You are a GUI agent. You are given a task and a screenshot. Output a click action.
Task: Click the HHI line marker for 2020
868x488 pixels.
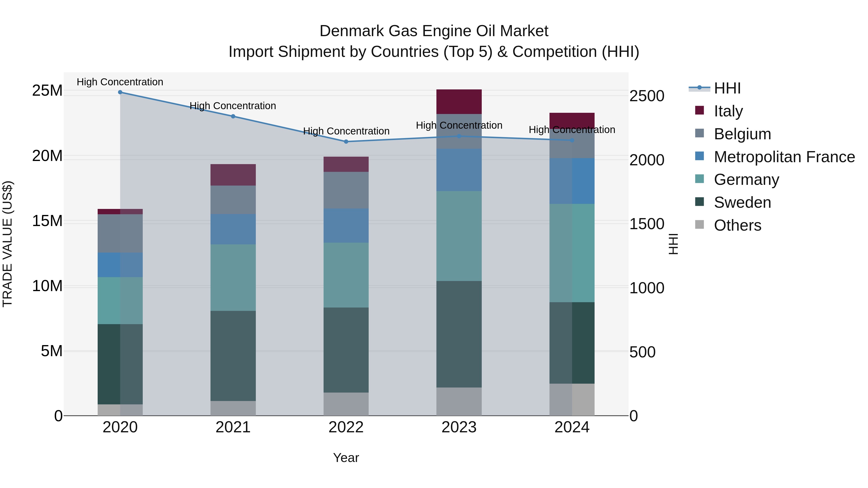pyautogui.click(x=120, y=92)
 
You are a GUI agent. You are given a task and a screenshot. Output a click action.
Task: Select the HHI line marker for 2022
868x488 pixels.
pyautogui.click(x=346, y=142)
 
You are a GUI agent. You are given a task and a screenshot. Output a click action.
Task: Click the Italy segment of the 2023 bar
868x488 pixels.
pyautogui.click(x=459, y=102)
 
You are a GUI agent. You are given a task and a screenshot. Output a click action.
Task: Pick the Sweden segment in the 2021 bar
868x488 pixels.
pyautogui.click(x=233, y=356)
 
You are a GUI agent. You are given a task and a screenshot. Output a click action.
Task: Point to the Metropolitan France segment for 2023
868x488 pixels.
pyautogui.click(x=459, y=170)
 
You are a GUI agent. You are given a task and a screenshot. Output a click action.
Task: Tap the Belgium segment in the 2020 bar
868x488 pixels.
pyautogui.click(x=120, y=233)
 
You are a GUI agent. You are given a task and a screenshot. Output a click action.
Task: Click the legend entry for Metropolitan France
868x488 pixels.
pyautogui.click(x=784, y=157)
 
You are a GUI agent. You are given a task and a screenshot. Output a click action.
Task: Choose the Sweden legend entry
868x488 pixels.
pyautogui.click(x=742, y=202)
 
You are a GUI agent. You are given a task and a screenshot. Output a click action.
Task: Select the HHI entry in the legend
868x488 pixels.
pyautogui.click(x=727, y=88)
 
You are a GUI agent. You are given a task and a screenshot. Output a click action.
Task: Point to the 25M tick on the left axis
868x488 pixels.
pyautogui.click(x=47, y=91)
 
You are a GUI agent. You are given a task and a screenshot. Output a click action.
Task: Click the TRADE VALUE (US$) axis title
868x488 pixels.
pyautogui.click(x=7, y=244)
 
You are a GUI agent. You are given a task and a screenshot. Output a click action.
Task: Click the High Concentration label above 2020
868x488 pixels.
pyautogui.click(x=120, y=82)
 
